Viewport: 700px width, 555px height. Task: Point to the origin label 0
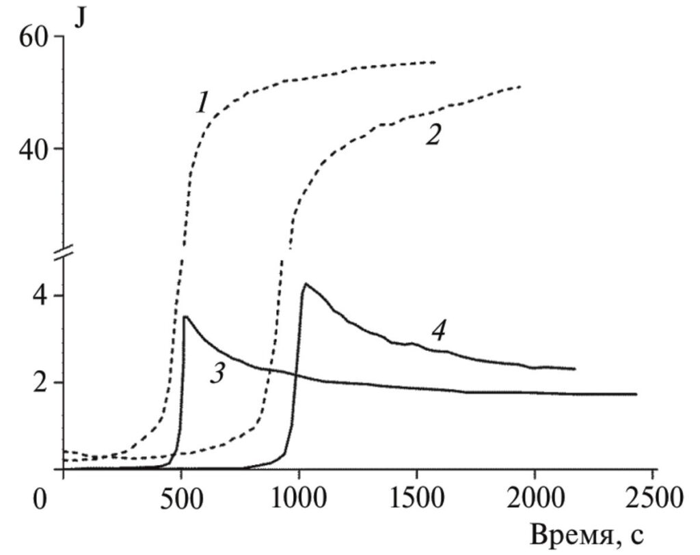tap(42, 500)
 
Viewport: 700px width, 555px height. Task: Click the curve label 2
tap(432, 134)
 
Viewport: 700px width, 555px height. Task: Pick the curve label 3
tap(217, 374)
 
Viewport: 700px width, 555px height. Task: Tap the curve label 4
tap(438, 332)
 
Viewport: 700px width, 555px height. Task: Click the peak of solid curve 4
tap(305, 283)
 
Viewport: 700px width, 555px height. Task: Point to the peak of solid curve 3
tap(185, 316)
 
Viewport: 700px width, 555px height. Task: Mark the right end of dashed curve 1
tap(435, 62)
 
